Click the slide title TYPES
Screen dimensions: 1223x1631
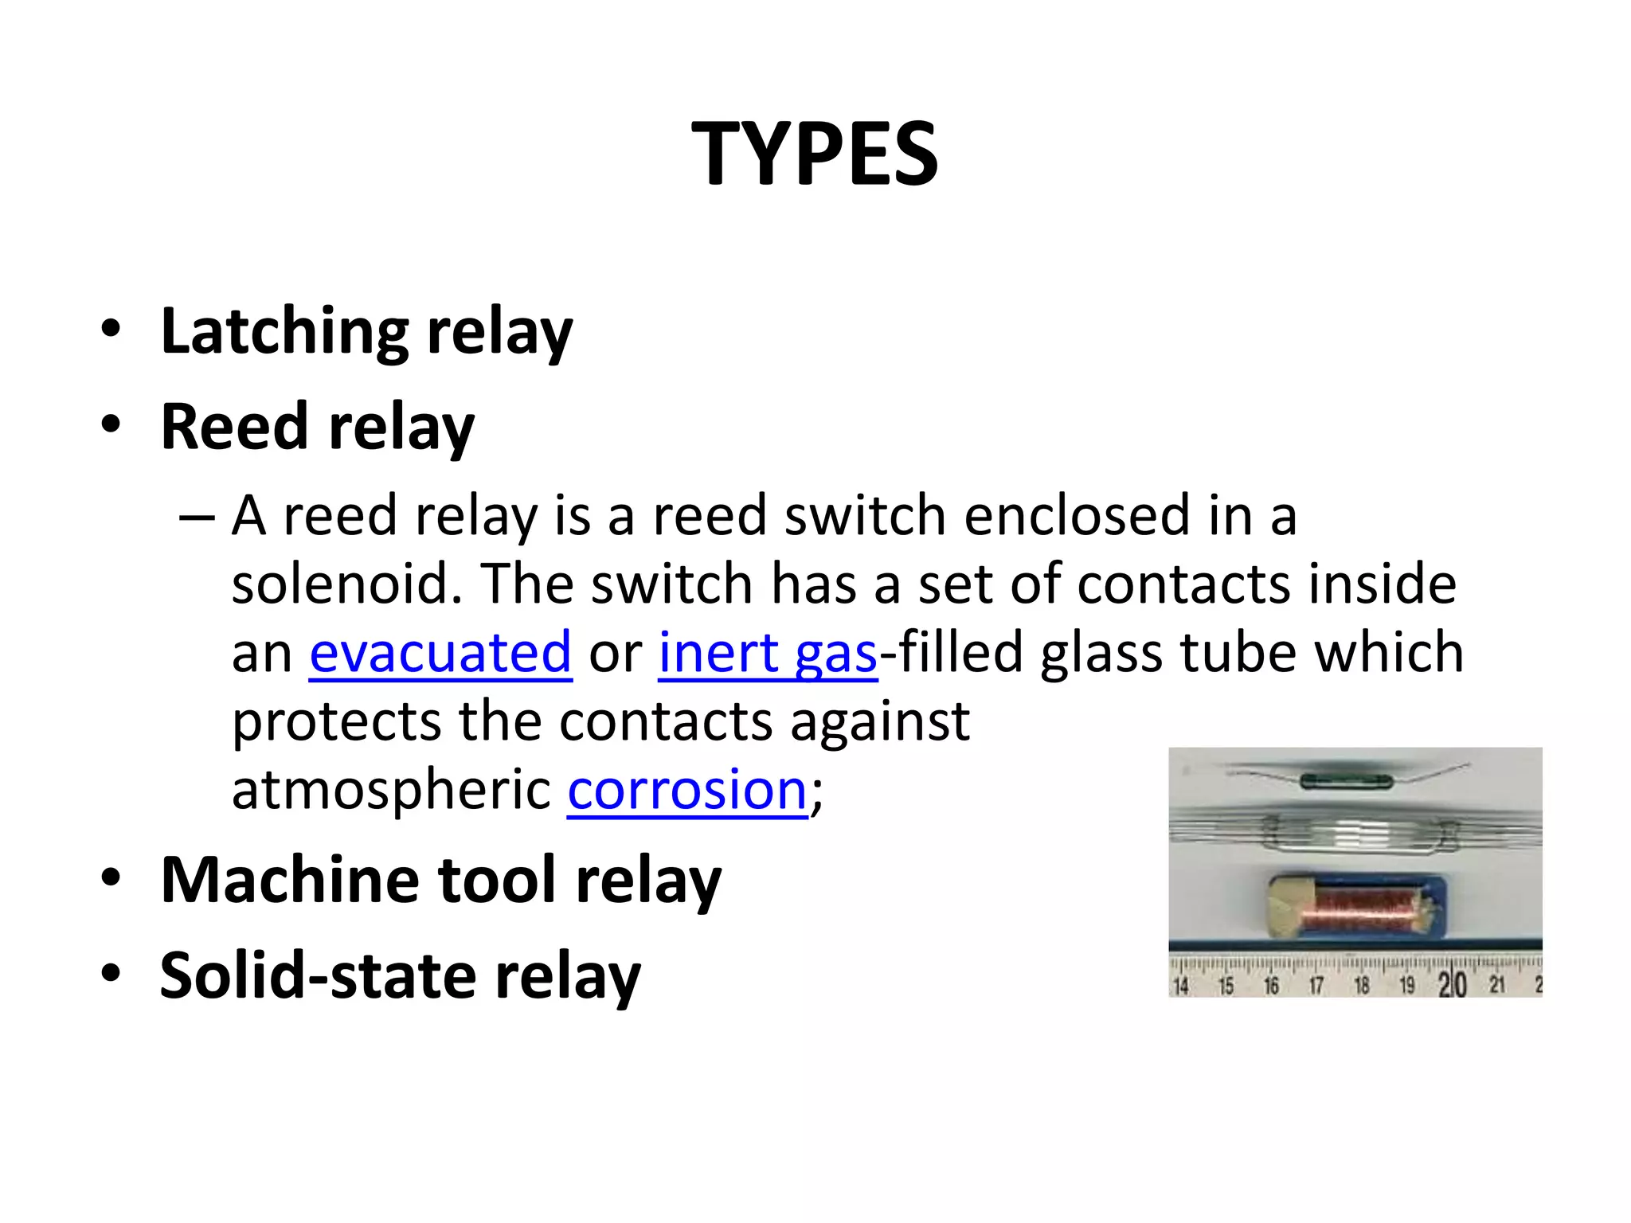click(815, 154)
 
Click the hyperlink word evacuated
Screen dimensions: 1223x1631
click(440, 653)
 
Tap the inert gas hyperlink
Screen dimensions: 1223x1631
click(768, 653)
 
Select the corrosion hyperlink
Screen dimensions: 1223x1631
click(687, 790)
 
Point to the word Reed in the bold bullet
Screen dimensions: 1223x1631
click(234, 427)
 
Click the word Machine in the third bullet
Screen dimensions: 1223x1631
click(290, 881)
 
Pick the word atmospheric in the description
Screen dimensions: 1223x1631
click(391, 790)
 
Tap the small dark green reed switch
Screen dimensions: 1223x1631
click(1346, 782)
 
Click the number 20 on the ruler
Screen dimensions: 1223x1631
click(1452, 986)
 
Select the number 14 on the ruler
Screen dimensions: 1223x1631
click(1181, 987)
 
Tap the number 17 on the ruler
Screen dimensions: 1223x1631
click(1316, 987)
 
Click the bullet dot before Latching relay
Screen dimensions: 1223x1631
click(111, 329)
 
